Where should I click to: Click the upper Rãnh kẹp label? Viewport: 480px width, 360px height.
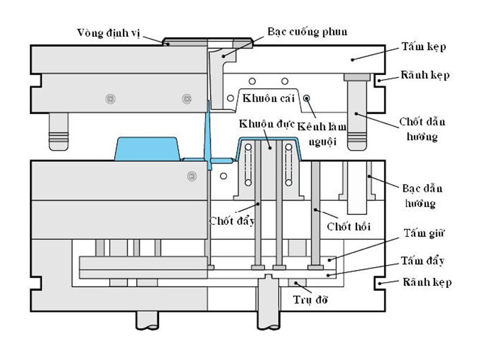pyautogui.click(x=427, y=76)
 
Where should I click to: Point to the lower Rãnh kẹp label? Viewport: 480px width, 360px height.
pyautogui.click(x=427, y=282)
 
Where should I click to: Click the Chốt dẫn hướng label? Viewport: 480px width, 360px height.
pyautogui.click(x=422, y=129)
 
